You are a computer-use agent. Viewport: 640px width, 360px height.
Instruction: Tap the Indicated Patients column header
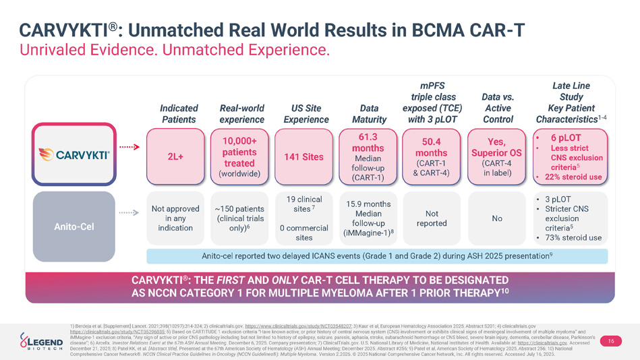(x=179, y=114)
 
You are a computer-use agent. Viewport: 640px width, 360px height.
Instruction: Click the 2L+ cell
(x=175, y=157)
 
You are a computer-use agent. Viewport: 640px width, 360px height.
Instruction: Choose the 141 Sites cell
(x=303, y=157)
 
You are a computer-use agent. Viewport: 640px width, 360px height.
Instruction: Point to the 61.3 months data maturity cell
(x=368, y=157)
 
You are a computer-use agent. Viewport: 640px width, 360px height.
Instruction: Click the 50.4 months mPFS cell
(x=431, y=157)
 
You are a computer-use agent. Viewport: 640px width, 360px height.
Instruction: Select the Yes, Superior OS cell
(x=496, y=157)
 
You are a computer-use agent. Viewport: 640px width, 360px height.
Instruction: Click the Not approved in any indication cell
(x=175, y=218)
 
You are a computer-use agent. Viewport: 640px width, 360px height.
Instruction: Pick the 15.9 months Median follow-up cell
(x=368, y=218)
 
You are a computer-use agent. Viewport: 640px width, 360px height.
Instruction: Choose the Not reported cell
(x=431, y=218)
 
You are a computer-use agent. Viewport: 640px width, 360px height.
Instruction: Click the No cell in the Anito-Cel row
(x=496, y=218)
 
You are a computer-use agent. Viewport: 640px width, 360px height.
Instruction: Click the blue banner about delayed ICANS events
(x=376, y=256)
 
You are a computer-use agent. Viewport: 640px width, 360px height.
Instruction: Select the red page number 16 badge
(x=610, y=341)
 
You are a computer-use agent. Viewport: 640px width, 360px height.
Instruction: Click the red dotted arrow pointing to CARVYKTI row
(x=129, y=146)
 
